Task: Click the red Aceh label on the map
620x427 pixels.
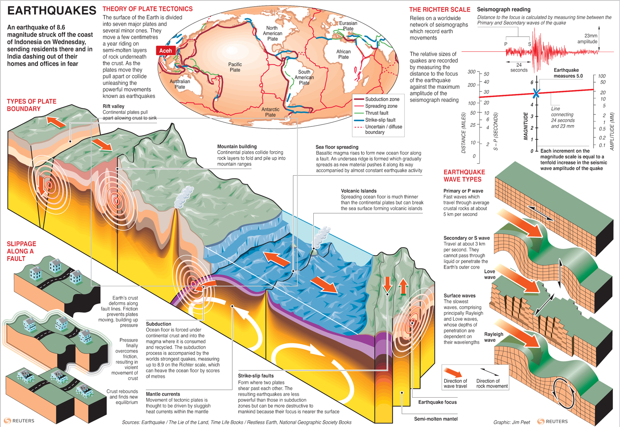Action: pyautogui.click(x=165, y=50)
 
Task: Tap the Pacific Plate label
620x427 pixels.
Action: pyautogui.click(x=235, y=67)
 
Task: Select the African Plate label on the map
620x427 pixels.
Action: pyautogui.click(x=343, y=54)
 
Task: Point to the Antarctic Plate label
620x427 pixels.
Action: pyautogui.click(x=270, y=112)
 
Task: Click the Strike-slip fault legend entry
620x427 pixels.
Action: pyautogui.click(x=380, y=120)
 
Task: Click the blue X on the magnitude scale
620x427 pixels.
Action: pyautogui.click(x=536, y=93)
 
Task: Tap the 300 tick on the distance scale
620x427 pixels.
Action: pyautogui.click(x=472, y=72)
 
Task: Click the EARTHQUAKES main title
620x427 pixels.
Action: pyautogui.click(x=52, y=11)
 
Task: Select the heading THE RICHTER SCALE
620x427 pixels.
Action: pyautogui.click(x=440, y=10)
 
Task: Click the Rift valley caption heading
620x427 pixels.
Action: pyautogui.click(x=113, y=106)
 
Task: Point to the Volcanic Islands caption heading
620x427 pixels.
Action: pyautogui.click(x=358, y=191)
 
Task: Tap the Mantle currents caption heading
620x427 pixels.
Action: pyautogui.click(x=163, y=394)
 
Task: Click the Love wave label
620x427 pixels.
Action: pyautogui.click(x=490, y=274)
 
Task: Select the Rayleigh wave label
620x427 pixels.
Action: pyautogui.click(x=494, y=337)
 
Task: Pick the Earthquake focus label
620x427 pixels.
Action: pyautogui.click(x=437, y=402)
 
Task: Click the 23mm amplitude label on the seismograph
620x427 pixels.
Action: pyautogui.click(x=588, y=38)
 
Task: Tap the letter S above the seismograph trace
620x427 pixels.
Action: pyautogui.click(x=529, y=44)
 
